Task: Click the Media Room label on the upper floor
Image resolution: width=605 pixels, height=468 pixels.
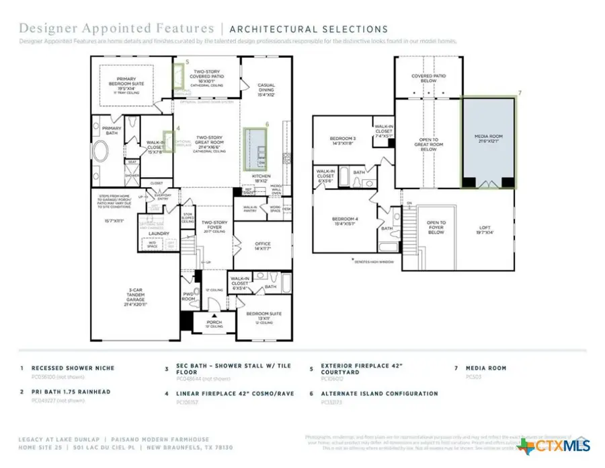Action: pos(488,137)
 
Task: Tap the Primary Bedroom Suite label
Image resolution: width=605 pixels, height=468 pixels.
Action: pos(122,83)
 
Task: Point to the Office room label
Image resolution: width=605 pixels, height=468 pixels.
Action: pos(263,246)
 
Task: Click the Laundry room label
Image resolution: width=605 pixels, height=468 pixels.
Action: pos(159,234)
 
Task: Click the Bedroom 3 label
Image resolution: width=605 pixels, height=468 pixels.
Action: pos(343,140)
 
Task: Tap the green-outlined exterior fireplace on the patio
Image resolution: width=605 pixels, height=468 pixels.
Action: pos(179,76)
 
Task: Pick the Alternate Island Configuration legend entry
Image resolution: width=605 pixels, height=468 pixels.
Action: pos(378,394)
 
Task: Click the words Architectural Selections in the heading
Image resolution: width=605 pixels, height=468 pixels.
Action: pos(309,29)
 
